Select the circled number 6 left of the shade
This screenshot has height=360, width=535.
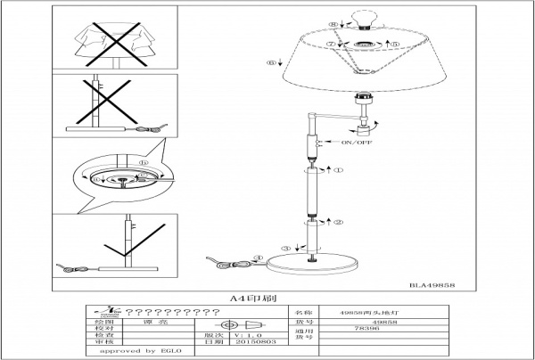point(270,62)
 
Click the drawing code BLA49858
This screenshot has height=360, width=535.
point(433,284)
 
